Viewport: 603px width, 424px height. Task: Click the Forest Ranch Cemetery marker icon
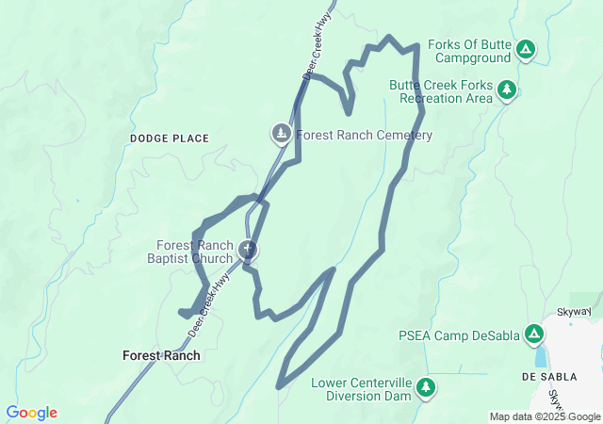(x=282, y=134)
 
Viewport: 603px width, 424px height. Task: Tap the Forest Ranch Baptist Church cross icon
(x=248, y=250)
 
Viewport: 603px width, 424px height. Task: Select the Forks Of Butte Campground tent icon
(x=525, y=49)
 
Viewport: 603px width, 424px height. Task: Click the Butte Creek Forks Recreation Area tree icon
(x=508, y=90)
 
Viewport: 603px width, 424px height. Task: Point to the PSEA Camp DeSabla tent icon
(x=533, y=334)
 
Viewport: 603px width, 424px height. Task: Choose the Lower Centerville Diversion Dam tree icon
(x=426, y=386)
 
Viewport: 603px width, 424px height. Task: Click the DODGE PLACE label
(x=170, y=139)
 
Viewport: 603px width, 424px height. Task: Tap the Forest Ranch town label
(x=161, y=356)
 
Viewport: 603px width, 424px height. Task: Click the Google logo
(x=31, y=413)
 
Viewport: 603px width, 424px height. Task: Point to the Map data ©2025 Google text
(x=545, y=416)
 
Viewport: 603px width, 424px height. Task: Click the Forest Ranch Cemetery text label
(x=364, y=136)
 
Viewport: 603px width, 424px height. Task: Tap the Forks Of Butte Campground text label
(x=469, y=51)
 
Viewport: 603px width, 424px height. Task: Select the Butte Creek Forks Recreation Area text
(x=441, y=91)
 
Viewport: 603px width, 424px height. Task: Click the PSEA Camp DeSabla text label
(x=459, y=334)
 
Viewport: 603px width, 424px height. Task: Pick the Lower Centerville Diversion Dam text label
(x=363, y=388)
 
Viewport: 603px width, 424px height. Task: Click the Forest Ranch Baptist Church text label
(x=194, y=253)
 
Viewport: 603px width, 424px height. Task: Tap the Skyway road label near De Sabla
(x=573, y=311)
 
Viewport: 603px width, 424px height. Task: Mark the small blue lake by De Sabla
(x=540, y=355)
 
